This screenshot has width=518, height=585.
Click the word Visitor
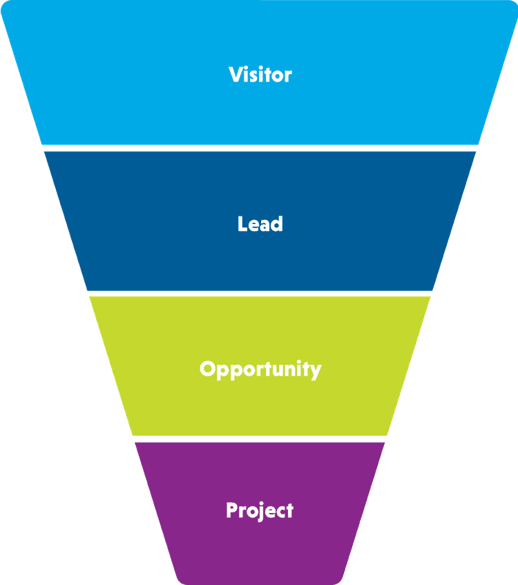260,75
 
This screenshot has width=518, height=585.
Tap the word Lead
260,224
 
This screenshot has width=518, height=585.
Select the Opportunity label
260,369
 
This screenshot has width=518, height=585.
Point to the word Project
260,511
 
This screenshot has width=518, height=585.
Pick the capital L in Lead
242,224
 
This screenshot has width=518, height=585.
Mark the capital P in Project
232,511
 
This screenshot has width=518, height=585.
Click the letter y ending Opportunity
316,371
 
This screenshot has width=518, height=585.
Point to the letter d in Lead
278,224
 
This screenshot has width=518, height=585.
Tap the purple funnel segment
260,546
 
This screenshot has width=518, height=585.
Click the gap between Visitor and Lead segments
260,148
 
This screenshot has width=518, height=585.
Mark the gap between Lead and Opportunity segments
260,293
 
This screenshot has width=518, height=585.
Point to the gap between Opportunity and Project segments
260,439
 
